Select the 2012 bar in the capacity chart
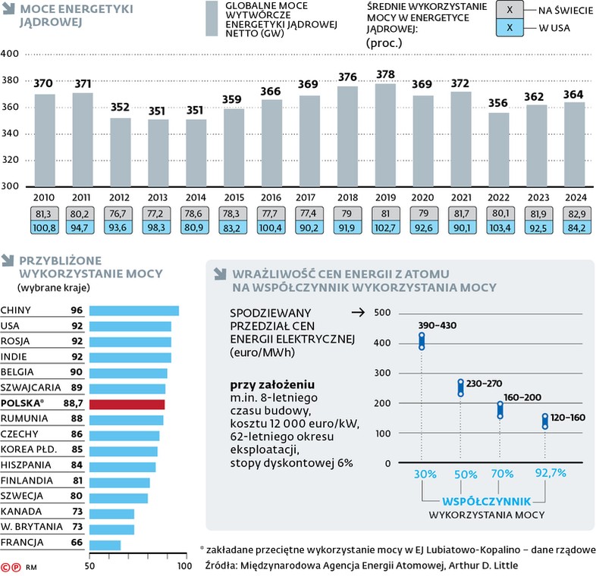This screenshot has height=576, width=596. point(121,152)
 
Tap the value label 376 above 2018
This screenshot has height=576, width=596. point(347,77)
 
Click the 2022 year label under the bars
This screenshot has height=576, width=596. point(498,198)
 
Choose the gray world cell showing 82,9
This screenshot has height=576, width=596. point(573,213)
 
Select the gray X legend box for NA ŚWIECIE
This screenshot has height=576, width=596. point(510,9)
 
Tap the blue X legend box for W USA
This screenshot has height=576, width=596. point(510,28)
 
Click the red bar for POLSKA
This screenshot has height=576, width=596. point(127,403)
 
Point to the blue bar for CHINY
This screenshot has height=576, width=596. point(133,310)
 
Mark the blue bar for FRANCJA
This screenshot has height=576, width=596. point(105,543)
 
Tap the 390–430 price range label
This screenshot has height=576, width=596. point(438,325)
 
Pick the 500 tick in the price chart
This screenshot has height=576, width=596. point(381,312)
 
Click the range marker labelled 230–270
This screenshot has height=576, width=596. point(460,388)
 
